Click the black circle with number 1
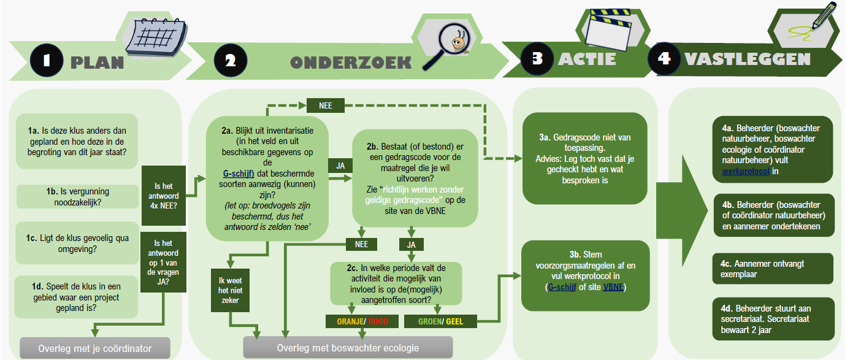45,61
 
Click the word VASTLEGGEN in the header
748,59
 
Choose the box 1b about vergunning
77,196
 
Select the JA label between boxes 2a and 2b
340,166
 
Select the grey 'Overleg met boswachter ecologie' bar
348,348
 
